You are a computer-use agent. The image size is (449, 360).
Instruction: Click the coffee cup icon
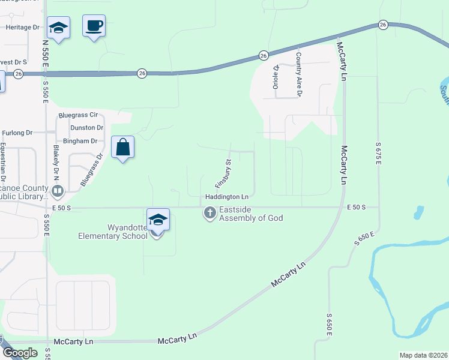94,26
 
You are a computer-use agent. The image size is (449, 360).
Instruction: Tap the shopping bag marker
122,147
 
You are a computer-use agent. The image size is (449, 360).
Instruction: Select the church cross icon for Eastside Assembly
209,212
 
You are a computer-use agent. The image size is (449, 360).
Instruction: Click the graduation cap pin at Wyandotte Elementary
157,220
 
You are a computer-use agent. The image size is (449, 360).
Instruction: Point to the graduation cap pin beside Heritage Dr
58,28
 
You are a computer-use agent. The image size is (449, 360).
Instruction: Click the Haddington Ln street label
227,197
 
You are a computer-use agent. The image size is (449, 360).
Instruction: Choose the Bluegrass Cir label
77,115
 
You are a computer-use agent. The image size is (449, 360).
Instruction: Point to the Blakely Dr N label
58,162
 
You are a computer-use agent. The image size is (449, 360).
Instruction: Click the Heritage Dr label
22,27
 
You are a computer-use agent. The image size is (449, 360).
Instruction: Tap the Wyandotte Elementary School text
113,232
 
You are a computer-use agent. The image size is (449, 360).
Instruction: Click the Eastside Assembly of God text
251,214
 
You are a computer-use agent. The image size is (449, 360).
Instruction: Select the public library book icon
58,191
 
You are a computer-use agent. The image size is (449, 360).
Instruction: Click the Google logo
20,353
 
